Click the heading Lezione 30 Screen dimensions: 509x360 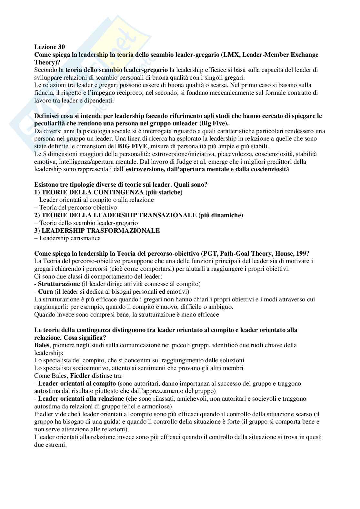pos(49,47)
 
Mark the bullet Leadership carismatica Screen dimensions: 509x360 pos(70,238)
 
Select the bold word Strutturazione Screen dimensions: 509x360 pos(59,284)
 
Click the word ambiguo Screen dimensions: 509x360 pos(222,307)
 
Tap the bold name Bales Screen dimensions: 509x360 pos(42,345)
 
